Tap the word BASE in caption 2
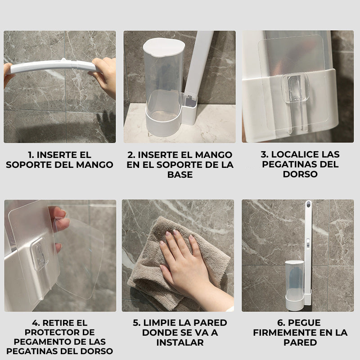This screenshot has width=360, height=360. click(x=180, y=175)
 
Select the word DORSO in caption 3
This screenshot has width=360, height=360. click(x=300, y=174)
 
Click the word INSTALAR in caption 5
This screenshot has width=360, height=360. click(x=180, y=342)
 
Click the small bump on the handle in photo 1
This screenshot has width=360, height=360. click(x=63, y=60)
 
